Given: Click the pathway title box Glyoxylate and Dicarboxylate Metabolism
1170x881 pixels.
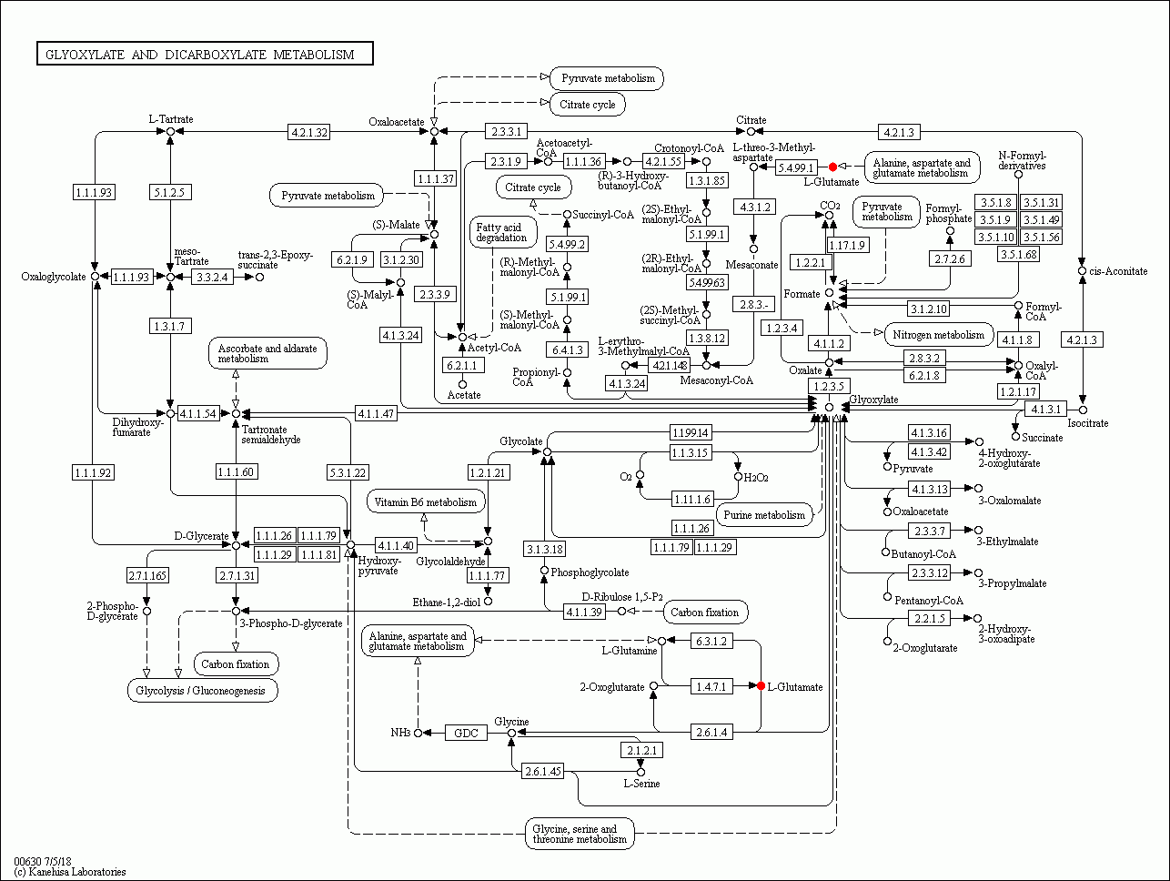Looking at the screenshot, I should [205, 55].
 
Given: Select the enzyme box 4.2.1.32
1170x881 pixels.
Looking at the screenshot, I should [308, 132].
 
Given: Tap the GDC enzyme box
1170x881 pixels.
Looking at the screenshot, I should [466, 733].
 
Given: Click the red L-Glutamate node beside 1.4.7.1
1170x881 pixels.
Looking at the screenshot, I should [761, 686].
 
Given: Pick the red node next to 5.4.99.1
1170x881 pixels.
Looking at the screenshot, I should [832, 167].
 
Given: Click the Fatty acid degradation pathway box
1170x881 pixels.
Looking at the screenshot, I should [501, 232].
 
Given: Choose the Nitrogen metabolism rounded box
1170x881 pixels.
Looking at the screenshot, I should [938, 334].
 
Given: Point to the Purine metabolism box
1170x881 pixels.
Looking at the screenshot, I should [764, 515].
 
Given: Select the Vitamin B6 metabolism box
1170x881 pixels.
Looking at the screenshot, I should [425, 501].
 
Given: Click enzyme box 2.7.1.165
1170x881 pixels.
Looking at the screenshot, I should [146, 575].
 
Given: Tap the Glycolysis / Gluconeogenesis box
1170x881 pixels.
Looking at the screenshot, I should [201, 691].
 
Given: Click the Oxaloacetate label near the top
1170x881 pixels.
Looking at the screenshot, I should [396, 121].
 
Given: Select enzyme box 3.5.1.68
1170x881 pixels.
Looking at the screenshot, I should [1017, 254].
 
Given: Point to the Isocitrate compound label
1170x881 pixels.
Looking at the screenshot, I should [1088, 423].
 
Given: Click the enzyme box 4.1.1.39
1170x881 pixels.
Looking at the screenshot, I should [584, 612].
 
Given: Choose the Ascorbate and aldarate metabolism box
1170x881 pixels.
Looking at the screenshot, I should [267, 353].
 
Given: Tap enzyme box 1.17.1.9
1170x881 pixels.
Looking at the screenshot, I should [846, 245].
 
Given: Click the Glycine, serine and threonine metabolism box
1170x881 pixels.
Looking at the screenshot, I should [580, 835].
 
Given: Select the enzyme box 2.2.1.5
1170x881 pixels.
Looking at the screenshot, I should [928, 619].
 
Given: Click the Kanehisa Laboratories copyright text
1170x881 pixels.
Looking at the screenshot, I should [70, 872].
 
